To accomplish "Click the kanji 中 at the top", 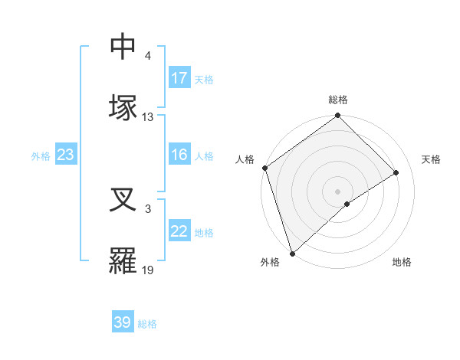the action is [123, 47].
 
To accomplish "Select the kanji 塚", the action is [123, 107].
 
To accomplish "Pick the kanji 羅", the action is [123, 260].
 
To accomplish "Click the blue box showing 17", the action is [179, 78].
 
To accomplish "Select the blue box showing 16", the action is [179, 155].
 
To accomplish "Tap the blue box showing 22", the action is [179, 232].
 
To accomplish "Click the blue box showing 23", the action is [66, 155].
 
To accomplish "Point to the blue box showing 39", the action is [123, 322].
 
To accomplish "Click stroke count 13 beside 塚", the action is [148, 117].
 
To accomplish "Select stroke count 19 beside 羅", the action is [148, 270].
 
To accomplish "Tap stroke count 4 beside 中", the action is [148, 56].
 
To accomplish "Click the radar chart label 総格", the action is [338, 100].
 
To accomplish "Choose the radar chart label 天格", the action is [431, 159].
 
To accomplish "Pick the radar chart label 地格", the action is [402, 263].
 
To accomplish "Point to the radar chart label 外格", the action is [270, 263].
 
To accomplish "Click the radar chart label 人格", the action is [245, 159].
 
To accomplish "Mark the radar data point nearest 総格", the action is [338, 116].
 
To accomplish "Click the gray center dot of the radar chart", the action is [337, 191].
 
